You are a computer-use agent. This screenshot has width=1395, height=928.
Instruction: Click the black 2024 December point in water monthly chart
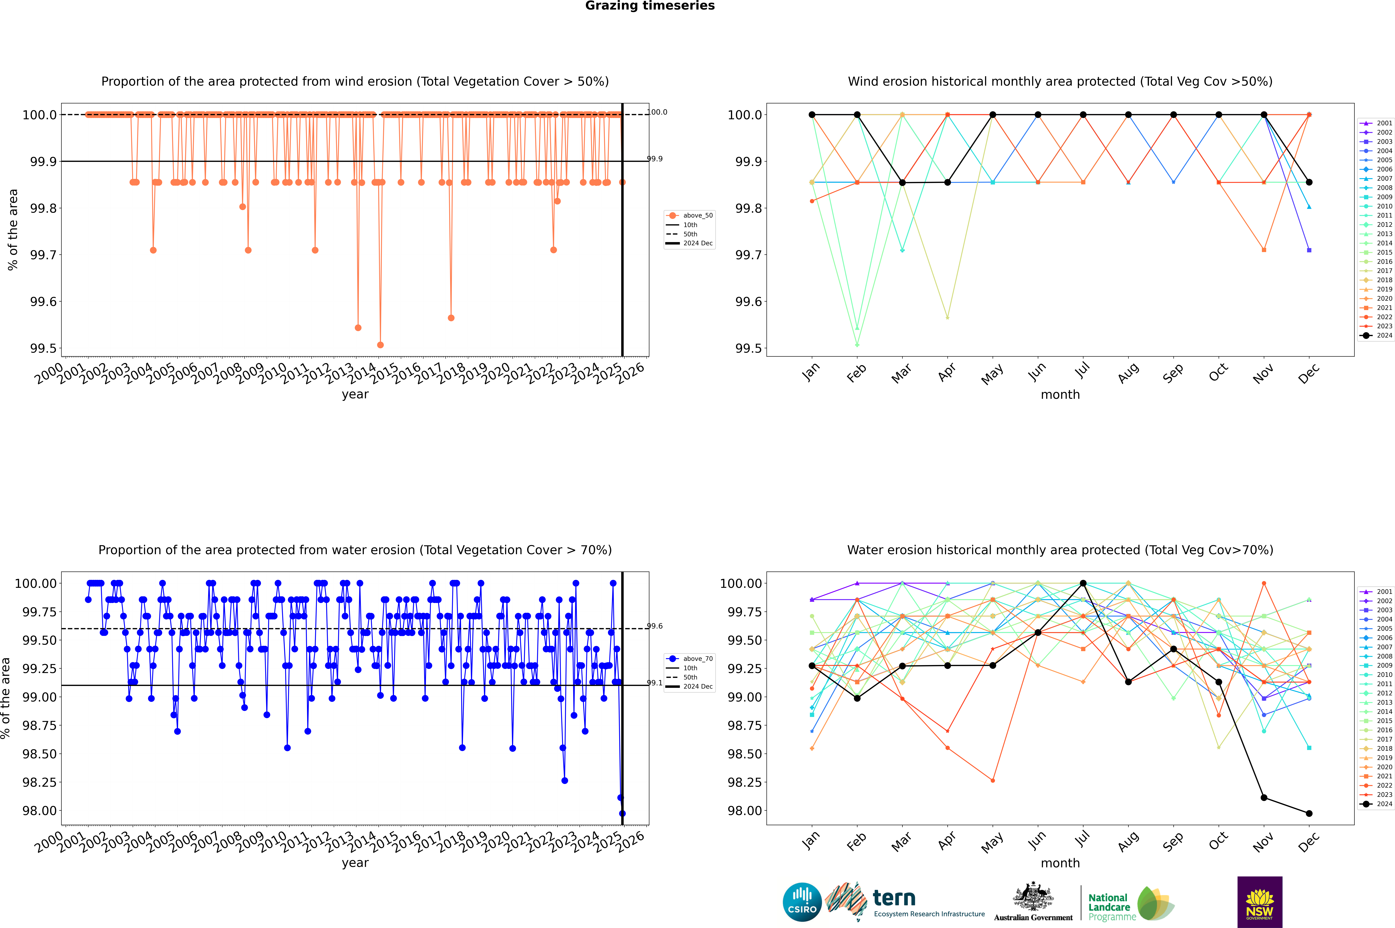1309,813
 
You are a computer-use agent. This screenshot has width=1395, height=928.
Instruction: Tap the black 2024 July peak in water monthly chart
1083,583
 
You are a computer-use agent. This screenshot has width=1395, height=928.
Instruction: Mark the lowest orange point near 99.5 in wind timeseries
380,344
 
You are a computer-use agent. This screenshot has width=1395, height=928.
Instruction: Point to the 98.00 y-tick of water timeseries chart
40,811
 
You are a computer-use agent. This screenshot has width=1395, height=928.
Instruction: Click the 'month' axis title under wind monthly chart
1060,395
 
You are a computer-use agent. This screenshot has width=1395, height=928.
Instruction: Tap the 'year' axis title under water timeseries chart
355,863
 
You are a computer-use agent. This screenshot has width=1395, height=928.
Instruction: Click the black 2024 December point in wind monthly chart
1309,182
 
